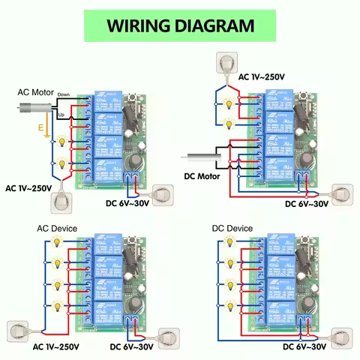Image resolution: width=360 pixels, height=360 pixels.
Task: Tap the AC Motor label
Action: pyautogui.click(x=36, y=92)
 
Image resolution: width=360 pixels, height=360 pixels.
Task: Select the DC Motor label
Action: pyautogui.click(x=203, y=177)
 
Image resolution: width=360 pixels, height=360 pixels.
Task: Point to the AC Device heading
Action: pyautogui.click(x=57, y=228)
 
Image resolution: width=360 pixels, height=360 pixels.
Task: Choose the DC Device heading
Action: pyautogui.click(x=232, y=228)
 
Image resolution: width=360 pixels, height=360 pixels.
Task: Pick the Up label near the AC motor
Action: pyautogui.click(x=61, y=113)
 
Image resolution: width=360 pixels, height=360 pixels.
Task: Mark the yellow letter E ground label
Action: pyautogui.click(x=40, y=130)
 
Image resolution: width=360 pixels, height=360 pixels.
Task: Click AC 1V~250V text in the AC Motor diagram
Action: pyautogui.click(x=29, y=187)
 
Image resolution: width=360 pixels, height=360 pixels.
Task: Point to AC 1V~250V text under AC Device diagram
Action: pyautogui.click(x=55, y=347)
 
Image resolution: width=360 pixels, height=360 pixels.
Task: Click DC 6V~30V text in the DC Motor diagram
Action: pyautogui.click(x=307, y=203)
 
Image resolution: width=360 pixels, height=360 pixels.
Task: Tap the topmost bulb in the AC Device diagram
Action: pyautogui.click(x=56, y=241)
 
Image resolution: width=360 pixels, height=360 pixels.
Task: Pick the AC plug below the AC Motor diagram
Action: pyautogui.click(x=61, y=201)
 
